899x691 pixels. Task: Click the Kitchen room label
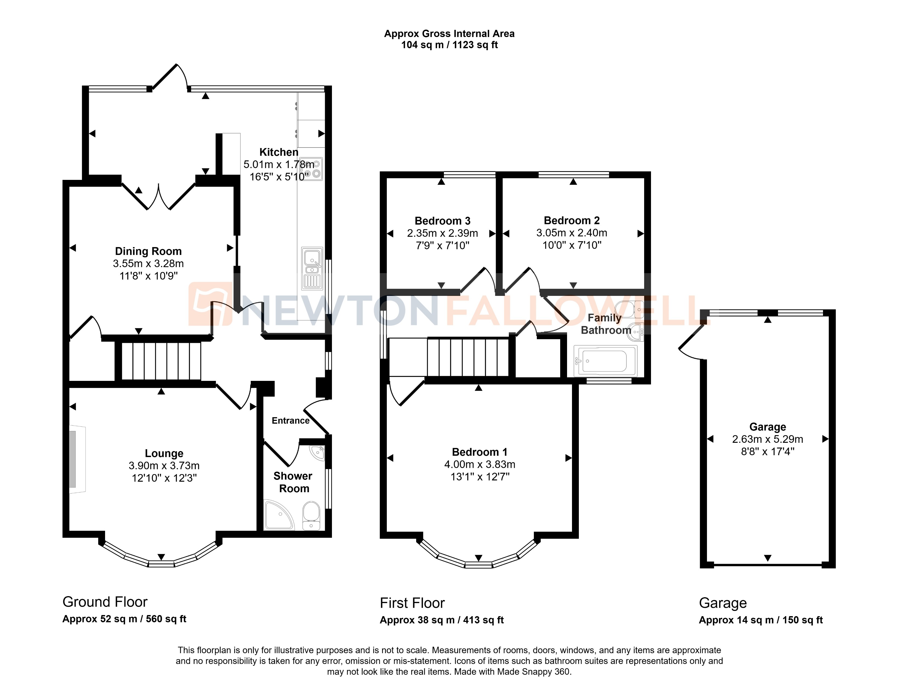coord(278,152)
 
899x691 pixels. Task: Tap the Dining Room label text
coord(148,251)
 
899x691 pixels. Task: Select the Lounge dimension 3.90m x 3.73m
coord(164,466)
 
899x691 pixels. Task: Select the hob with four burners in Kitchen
coord(311,169)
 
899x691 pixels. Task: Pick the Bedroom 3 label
coord(442,221)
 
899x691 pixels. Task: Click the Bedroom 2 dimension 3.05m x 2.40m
coord(571,233)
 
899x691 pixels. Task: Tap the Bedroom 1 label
coord(479,452)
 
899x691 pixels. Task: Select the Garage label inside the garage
coord(767,427)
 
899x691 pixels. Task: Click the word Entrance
coord(291,420)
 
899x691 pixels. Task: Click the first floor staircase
coord(468,357)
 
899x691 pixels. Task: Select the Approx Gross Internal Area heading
coord(449,34)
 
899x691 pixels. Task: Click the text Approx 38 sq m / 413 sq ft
coord(441,620)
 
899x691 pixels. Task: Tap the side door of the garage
coord(691,341)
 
